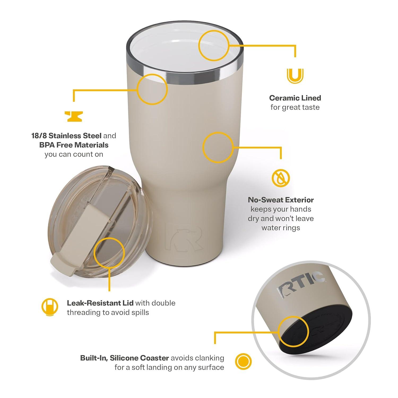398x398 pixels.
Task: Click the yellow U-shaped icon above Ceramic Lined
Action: click(x=295, y=76)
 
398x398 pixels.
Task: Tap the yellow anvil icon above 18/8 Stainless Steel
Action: click(x=74, y=116)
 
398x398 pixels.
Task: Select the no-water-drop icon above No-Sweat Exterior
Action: click(x=281, y=178)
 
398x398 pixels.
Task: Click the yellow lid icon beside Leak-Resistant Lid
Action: click(x=50, y=307)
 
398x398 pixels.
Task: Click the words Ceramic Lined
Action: click(x=295, y=98)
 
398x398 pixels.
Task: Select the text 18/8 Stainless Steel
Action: click(x=66, y=136)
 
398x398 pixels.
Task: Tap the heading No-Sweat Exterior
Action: click(x=281, y=200)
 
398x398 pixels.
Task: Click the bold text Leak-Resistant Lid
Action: click(x=100, y=303)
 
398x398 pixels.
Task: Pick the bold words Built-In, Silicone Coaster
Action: click(x=124, y=358)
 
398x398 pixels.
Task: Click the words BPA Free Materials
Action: click(x=74, y=145)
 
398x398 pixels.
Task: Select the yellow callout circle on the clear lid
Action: click(x=109, y=253)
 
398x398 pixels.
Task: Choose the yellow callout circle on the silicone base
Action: click(x=293, y=331)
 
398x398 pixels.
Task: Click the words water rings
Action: click(x=281, y=228)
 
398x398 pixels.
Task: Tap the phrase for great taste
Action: click(x=295, y=107)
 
